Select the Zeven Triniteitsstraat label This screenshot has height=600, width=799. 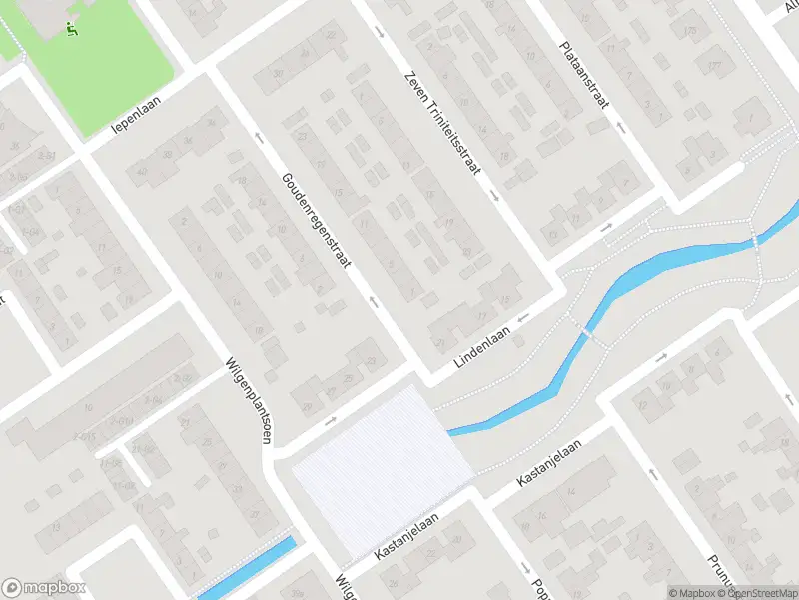click(x=442, y=123)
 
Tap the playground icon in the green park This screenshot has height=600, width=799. click(x=71, y=30)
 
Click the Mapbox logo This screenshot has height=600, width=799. click(x=44, y=588)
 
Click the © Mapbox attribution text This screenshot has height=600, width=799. click(x=692, y=593)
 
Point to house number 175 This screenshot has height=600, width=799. click(x=715, y=66)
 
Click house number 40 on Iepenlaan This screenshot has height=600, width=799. click(x=142, y=171)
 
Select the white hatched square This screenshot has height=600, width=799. click(x=381, y=470)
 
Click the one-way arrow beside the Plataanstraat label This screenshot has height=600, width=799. click(x=621, y=128)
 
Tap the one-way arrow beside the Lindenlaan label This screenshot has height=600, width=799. click(x=520, y=317)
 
